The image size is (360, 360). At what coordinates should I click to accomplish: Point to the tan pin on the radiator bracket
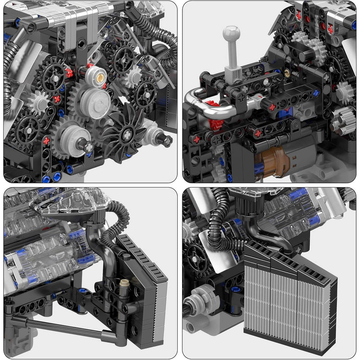pyautogui.click(x=124, y=282)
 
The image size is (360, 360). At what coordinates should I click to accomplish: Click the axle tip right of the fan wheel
pyautogui.click(x=166, y=141)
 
